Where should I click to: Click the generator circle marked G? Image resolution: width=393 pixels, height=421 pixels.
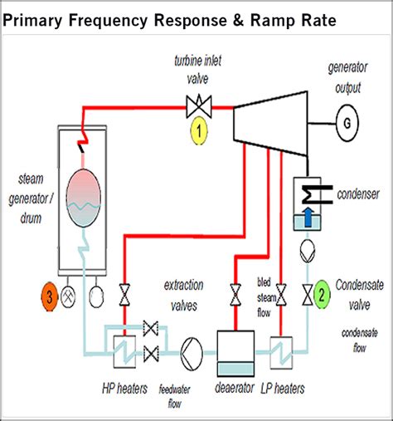pos(347,124)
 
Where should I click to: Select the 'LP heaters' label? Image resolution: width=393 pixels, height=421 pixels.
pos(283,389)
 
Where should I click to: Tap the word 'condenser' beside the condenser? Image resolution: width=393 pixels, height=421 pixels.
pos(358,194)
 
